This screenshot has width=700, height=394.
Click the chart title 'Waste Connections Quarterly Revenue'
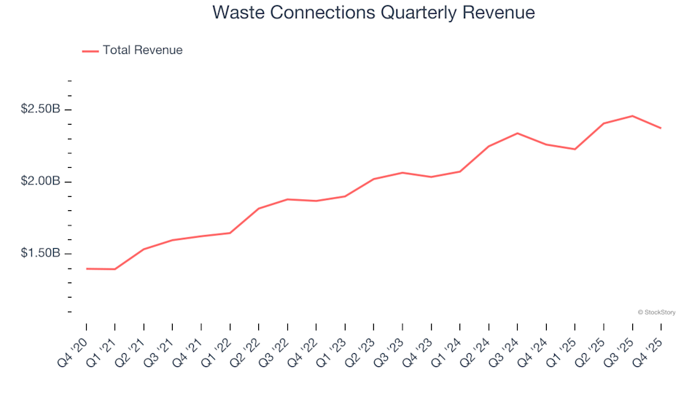373,13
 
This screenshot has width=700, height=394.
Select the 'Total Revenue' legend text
142,50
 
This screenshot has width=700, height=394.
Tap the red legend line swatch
90,51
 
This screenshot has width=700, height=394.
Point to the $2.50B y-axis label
40,109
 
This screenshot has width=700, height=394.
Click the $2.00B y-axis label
40,182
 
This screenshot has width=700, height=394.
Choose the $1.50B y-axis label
40,254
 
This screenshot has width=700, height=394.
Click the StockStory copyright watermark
656,312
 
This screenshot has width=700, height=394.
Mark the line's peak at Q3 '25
632,116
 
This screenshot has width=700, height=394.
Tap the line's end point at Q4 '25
661,128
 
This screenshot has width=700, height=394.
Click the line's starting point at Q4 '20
86,269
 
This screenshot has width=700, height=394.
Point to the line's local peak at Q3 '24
517,134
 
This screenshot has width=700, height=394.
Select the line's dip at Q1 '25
575,150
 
